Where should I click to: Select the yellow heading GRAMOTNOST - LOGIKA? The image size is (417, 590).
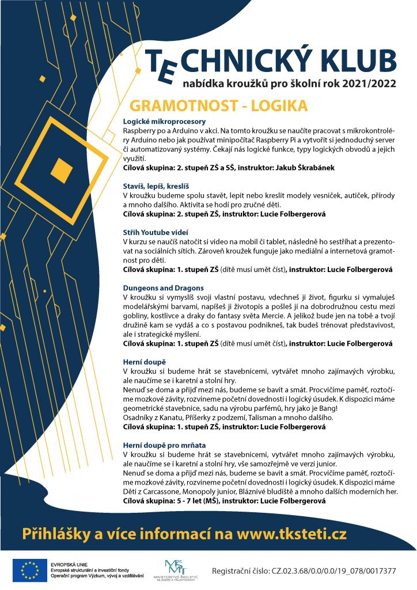[219, 107]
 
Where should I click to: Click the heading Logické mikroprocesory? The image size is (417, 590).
[164, 122]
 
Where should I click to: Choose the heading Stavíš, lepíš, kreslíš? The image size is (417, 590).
[158, 186]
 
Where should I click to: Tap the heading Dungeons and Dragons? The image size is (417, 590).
[164, 288]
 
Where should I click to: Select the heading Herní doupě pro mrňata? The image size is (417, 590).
[164, 445]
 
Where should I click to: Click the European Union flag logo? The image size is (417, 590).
[26, 570]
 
